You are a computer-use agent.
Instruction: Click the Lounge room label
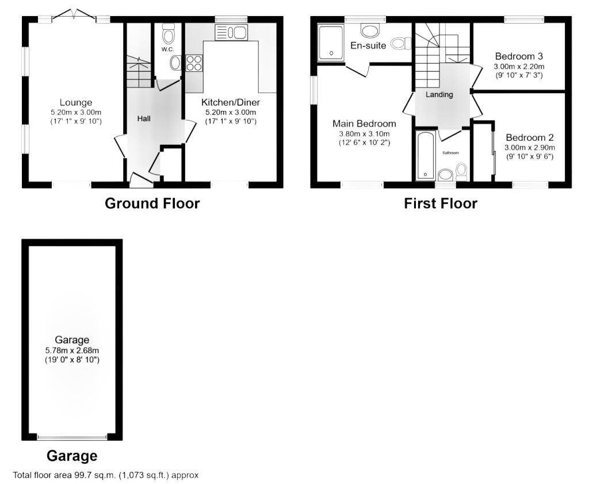[x=76, y=102]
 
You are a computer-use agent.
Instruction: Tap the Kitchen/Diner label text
[x=231, y=102]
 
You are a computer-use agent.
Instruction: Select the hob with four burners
[x=194, y=63]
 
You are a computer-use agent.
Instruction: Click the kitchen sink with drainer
[x=231, y=33]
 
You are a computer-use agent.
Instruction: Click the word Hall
[x=144, y=118]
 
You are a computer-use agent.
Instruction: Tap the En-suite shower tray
[x=331, y=43]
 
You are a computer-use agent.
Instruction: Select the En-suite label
[x=368, y=45]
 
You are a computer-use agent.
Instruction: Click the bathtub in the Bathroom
[x=426, y=155]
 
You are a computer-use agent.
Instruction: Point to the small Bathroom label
[x=451, y=153]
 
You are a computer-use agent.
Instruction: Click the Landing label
[x=439, y=95]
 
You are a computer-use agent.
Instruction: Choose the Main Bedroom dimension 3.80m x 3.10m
[x=364, y=134]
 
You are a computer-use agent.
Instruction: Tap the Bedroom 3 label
[x=519, y=56]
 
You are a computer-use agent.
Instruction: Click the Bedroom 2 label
[x=530, y=137]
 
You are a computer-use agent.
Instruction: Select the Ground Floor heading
[x=152, y=203]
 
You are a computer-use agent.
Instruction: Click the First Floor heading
[x=441, y=203]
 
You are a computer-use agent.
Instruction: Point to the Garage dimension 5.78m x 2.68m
[x=72, y=350]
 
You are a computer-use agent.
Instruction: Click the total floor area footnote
[x=106, y=475]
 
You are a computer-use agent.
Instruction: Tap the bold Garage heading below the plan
[x=72, y=456]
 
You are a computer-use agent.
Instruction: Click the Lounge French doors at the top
[x=74, y=14]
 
